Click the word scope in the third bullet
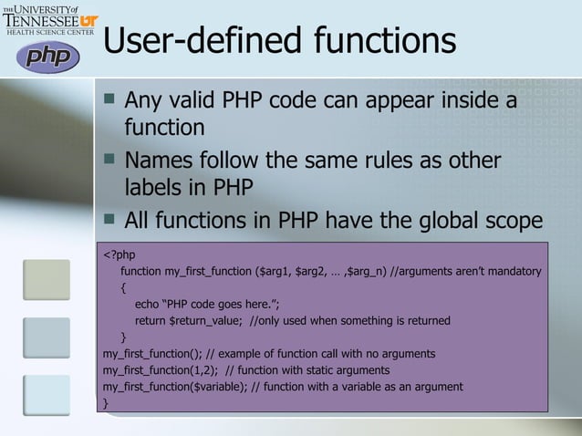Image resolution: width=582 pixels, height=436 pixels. [x=504, y=222]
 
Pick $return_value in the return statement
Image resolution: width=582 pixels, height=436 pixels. [x=205, y=321]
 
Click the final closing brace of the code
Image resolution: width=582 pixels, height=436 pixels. [x=106, y=402]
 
